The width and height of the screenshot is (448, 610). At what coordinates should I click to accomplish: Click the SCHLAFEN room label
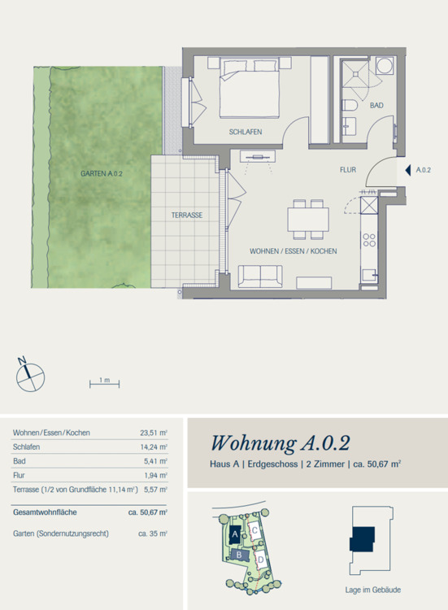246,132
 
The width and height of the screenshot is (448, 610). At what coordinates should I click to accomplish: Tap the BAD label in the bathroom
376,106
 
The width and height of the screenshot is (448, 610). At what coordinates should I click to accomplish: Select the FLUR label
348,170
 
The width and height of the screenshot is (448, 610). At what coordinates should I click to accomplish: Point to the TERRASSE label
187,216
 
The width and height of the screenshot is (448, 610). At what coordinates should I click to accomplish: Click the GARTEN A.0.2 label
102,173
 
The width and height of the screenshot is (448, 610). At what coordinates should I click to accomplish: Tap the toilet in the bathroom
349,105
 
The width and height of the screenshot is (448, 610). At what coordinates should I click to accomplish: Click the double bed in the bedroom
250,88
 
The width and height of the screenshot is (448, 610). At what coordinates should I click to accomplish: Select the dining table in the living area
308,220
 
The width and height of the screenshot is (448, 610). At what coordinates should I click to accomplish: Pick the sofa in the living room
260,277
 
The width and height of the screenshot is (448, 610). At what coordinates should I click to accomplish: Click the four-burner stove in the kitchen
369,240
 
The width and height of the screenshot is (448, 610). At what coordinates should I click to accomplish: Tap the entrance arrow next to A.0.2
407,171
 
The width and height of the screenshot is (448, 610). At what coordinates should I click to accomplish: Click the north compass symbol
29,376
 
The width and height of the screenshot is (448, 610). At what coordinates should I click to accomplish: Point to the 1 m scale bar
104,385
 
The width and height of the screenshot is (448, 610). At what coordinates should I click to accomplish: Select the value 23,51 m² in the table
154,433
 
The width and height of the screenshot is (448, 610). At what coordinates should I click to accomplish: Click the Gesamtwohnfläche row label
45,512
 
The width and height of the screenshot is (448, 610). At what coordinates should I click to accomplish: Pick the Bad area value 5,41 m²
155,461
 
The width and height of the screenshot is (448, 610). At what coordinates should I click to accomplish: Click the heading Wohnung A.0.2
281,443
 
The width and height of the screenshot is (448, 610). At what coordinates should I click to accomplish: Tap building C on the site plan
254,530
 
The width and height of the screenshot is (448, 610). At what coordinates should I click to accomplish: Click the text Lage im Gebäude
373,590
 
